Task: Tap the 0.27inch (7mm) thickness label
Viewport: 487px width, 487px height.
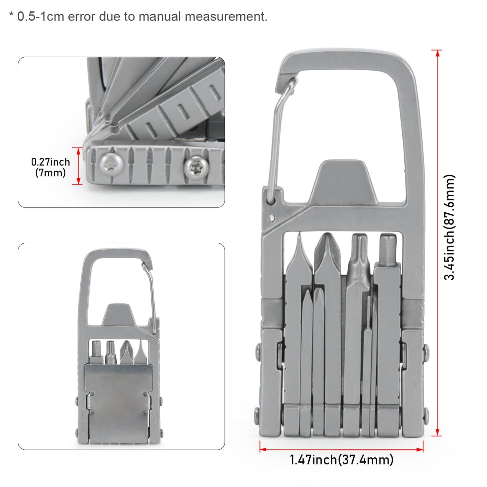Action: tap(51, 167)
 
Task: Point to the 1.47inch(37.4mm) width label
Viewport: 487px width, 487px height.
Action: tap(341, 460)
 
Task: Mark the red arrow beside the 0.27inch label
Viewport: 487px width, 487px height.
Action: tap(78, 166)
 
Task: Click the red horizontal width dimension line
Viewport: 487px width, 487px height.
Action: tap(341, 449)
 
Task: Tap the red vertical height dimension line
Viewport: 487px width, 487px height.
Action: tap(437, 243)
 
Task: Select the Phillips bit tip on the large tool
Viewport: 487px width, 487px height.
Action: tap(326, 249)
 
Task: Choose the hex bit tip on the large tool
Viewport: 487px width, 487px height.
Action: tap(388, 248)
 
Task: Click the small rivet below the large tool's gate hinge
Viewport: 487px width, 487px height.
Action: tap(271, 218)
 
